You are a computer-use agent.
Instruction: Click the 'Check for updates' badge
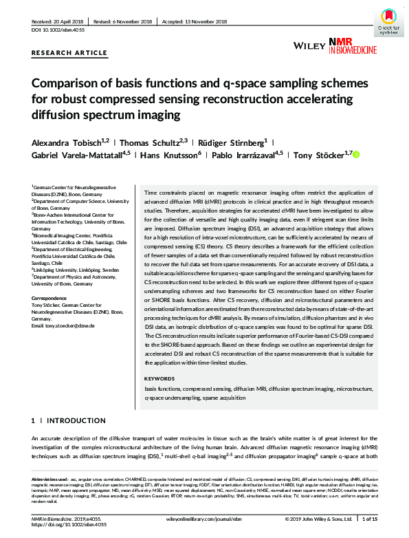(389, 23)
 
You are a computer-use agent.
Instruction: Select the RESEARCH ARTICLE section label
(69, 53)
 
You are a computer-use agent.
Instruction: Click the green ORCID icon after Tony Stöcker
(356, 155)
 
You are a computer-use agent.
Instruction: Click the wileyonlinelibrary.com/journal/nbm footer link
(204, 519)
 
